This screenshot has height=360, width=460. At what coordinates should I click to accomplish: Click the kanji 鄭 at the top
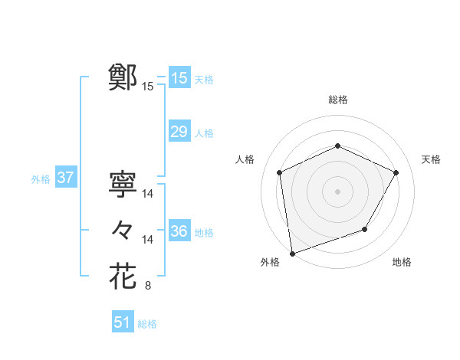(123, 77)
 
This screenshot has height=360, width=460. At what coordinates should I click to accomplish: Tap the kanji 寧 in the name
(123, 184)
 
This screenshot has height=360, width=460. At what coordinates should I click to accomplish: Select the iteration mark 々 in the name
(123, 229)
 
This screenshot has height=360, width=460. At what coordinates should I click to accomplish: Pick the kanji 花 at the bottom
(123, 275)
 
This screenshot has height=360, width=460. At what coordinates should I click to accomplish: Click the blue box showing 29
(179, 132)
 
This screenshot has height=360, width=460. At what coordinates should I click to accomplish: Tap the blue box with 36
(179, 231)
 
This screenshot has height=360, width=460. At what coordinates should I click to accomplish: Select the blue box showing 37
(65, 178)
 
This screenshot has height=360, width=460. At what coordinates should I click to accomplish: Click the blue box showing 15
(179, 78)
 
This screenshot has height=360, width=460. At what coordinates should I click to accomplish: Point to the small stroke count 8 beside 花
(148, 286)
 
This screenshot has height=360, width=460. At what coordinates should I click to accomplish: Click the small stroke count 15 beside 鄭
(148, 87)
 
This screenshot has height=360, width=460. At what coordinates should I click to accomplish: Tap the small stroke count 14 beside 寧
(148, 195)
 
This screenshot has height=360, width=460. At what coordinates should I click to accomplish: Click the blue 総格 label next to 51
(147, 324)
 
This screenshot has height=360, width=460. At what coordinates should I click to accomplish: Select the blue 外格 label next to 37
(41, 180)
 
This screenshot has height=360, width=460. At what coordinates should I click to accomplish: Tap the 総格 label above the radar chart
(337, 100)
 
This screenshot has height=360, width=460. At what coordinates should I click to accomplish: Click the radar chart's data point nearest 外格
(292, 253)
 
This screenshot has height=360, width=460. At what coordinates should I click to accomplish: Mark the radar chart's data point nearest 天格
(396, 172)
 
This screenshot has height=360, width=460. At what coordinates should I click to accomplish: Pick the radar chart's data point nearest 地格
(365, 229)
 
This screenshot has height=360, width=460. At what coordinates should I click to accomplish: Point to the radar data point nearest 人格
(280, 172)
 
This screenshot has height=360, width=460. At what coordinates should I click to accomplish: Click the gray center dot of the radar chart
(337, 191)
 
